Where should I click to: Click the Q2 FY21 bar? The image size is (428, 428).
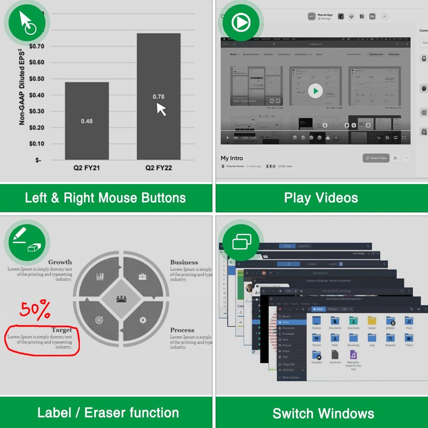click(x=87, y=120)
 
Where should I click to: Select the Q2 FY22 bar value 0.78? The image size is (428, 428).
click(x=158, y=97)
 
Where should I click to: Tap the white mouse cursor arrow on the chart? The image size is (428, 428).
click(x=161, y=109)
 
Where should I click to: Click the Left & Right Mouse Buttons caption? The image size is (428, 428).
click(x=105, y=198)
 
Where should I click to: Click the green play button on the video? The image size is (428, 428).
click(x=316, y=91)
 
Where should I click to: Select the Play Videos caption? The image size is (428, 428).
click(x=321, y=198)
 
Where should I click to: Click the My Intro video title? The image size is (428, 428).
click(x=233, y=158)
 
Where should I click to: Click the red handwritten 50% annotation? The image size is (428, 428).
click(x=36, y=309)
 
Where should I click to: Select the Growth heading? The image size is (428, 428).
click(x=60, y=262)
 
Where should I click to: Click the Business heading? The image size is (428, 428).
click(x=184, y=262)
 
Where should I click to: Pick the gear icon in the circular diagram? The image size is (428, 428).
click(x=142, y=320)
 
